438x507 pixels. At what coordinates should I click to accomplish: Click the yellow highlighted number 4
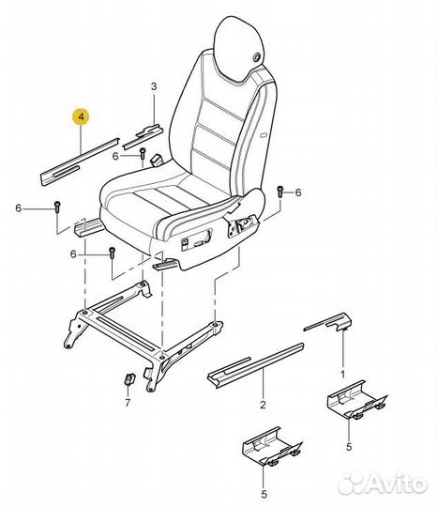81,116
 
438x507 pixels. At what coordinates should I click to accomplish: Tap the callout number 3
154,86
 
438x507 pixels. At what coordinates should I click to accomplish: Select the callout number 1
342,375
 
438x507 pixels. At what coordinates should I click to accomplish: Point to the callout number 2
263,404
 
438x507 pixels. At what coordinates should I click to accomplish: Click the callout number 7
128,403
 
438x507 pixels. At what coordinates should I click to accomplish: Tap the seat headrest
238,48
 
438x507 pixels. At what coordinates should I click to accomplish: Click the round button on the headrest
257,57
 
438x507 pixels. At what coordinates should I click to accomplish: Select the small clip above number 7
129,378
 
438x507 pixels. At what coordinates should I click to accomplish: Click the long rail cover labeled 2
255,365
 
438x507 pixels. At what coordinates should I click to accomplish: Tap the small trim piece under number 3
143,136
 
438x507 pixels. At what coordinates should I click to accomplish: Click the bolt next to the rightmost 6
279,192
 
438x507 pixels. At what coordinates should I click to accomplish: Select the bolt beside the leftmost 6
57,207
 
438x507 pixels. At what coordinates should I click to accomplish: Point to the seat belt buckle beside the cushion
158,160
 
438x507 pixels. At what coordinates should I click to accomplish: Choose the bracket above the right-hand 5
356,400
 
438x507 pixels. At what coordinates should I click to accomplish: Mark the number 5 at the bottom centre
264,494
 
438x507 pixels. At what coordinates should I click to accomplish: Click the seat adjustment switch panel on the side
196,240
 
